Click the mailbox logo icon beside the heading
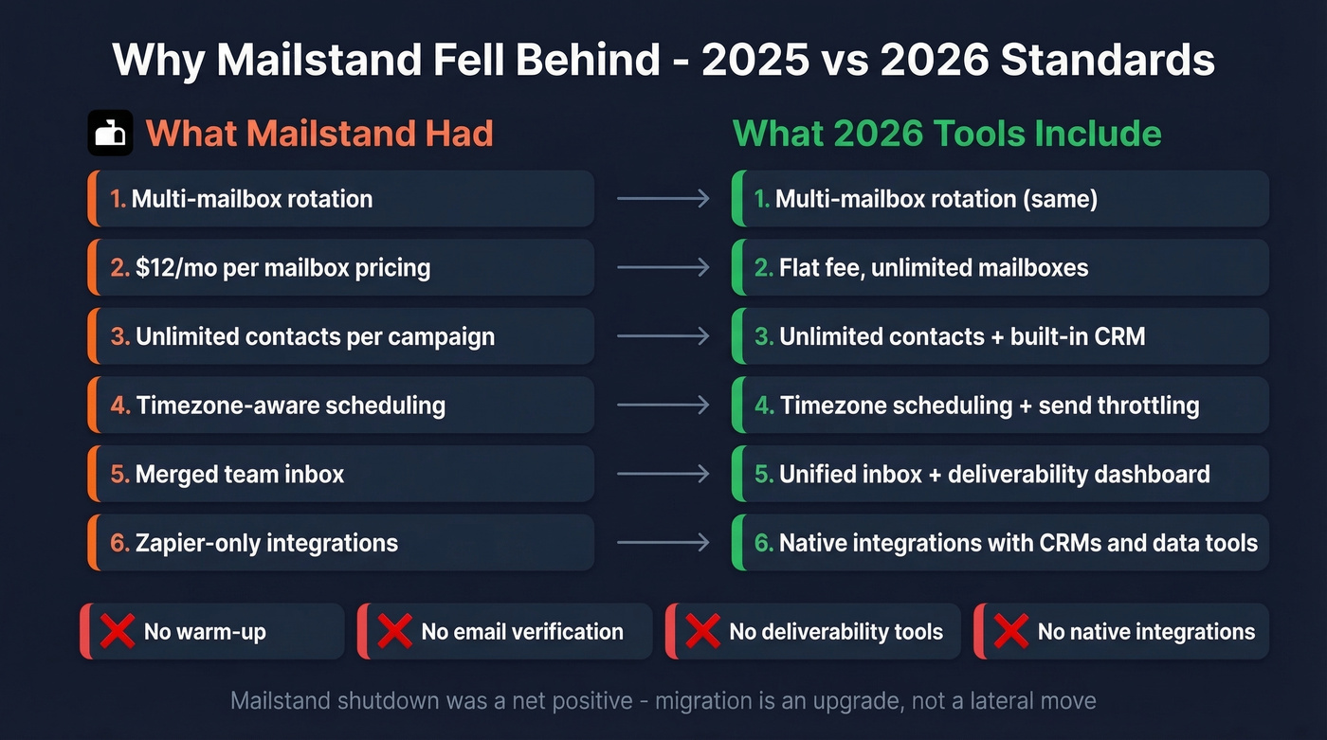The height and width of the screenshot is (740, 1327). tap(110, 133)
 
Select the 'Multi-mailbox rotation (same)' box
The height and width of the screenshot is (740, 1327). tap(1000, 199)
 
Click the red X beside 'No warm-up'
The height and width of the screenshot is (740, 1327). tap(117, 631)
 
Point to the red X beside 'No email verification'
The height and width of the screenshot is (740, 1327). tap(394, 631)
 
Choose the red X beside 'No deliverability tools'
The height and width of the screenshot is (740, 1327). tap(702, 631)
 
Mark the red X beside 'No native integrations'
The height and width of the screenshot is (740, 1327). tap(1010, 631)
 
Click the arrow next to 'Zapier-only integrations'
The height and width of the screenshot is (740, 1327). tap(663, 543)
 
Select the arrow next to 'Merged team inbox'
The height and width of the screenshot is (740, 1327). tap(663, 474)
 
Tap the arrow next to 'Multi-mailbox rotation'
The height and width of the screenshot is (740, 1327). tap(663, 199)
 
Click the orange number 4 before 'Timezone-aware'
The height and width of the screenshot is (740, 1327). tap(118, 406)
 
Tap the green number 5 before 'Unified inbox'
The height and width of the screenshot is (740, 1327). tap(763, 474)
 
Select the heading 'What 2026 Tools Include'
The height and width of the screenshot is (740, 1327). tap(947, 133)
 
